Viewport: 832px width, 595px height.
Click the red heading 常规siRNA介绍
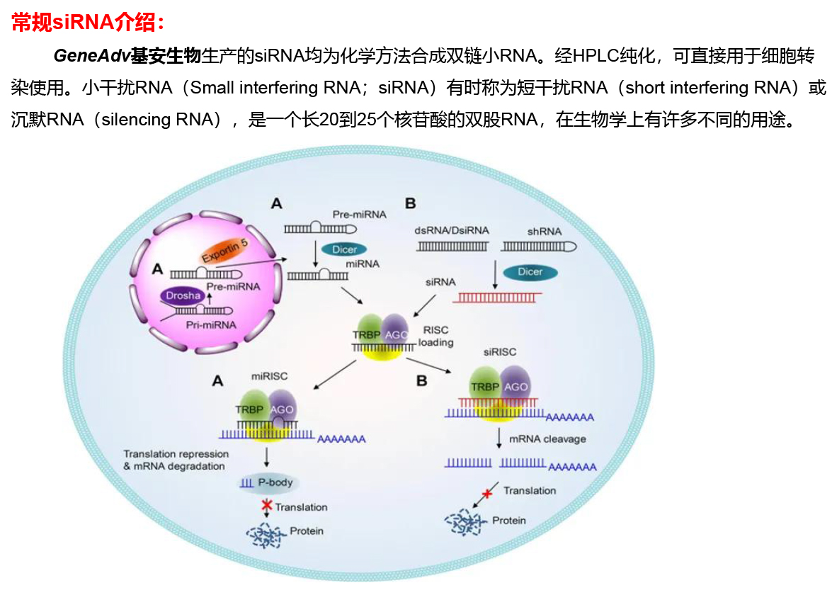pyautogui.click(x=88, y=23)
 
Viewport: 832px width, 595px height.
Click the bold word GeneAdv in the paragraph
pyautogui.click(x=91, y=57)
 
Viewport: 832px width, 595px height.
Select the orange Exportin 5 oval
pyautogui.click(x=223, y=250)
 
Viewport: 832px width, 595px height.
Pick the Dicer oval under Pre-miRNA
pyautogui.click(x=344, y=249)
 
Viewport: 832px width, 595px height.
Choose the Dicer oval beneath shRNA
pyautogui.click(x=530, y=272)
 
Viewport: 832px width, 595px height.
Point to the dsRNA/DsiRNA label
pyautogui.click(x=452, y=232)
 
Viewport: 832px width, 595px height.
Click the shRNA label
pyautogui.click(x=544, y=232)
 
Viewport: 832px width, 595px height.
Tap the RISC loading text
pyautogui.click(x=435, y=336)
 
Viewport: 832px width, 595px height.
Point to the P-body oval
pyautogui.click(x=268, y=483)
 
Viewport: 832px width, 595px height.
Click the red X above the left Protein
pyautogui.click(x=267, y=506)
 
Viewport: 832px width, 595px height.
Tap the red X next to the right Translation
pyautogui.click(x=486, y=493)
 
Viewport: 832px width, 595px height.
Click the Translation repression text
pyautogui.click(x=176, y=454)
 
